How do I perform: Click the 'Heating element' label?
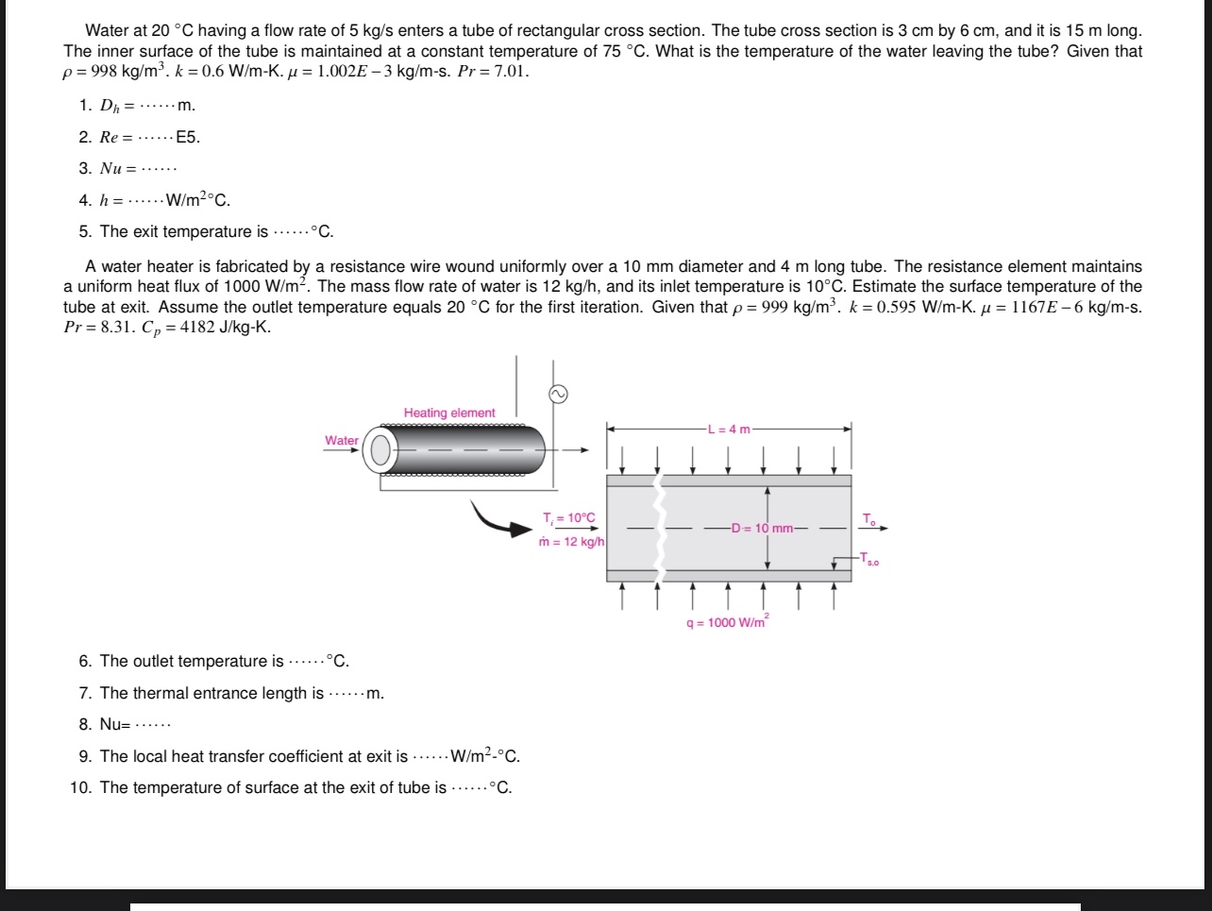click(x=449, y=413)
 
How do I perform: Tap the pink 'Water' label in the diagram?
click(x=341, y=440)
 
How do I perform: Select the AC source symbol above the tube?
click(x=558, y=395)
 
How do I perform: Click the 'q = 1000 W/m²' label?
click(x=728, y=622)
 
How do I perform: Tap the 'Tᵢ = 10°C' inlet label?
click(x=569, y=517)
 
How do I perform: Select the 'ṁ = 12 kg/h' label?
click(x=571, y=542)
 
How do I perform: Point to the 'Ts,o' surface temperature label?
click(x=869, y=560)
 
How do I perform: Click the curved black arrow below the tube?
click(x=501, y=519)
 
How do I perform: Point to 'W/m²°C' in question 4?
click(x=197, y=200)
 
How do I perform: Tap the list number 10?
click(x=79, y=787)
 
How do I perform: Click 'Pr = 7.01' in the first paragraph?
click(x=493, y=72)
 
